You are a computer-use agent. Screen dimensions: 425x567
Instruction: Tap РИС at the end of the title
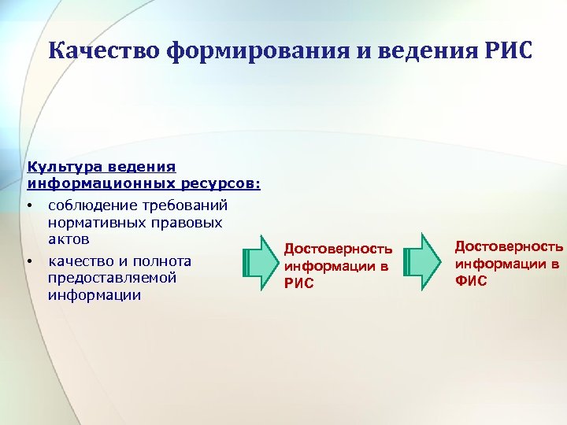(506, 52)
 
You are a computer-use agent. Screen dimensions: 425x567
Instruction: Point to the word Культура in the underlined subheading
(59, 167)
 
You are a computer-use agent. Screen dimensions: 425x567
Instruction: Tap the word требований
(187, 205)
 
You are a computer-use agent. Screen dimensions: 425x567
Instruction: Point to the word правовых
(187, 222)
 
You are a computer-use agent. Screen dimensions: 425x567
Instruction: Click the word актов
(69, 238)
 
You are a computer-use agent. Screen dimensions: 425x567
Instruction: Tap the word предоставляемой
(111, 278)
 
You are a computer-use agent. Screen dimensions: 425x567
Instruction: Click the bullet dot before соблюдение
(29, 206)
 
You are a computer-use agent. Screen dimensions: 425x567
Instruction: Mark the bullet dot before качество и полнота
(29, 261)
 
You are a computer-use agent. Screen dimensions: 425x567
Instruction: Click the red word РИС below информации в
(298, 283)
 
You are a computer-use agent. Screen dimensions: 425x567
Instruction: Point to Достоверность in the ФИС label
(509, 247)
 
